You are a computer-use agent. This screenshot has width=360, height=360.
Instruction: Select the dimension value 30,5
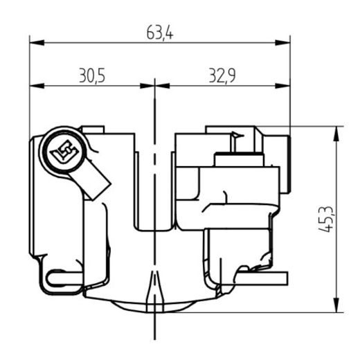pyautogui.click(x=91, y=75)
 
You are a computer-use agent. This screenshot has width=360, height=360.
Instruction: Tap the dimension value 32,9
pyautogui.click(x=223, y=75)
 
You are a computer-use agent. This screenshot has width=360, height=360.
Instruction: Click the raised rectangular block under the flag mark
pyautogui.click(x=239, y=161)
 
